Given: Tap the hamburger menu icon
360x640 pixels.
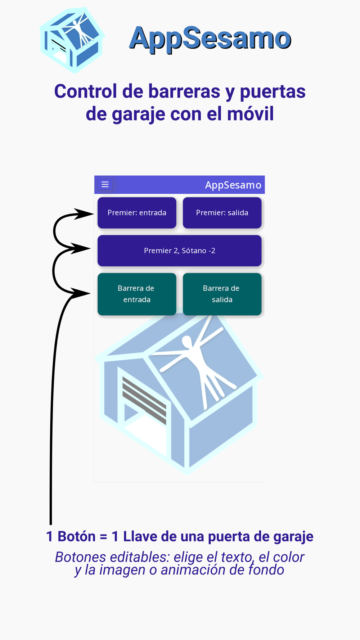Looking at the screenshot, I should click(105, 185).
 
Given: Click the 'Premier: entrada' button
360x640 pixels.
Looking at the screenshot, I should click(137, 213).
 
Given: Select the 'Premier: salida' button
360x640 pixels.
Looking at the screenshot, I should click(222, 213).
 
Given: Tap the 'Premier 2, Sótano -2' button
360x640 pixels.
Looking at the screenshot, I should click(179, 251).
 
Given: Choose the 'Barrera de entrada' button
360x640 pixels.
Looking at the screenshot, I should click(137, 294).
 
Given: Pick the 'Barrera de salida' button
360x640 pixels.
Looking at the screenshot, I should click(222, 294).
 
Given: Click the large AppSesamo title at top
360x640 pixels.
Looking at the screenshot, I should click(210, 38).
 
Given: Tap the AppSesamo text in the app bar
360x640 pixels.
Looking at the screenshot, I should click(233, 185).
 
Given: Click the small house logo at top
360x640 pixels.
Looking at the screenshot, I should click(72, 40).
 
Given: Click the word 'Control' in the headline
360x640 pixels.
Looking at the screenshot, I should click(85, 91).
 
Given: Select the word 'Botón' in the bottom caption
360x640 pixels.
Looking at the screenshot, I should click(76, 536).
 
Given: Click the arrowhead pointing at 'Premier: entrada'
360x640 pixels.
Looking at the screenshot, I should click(85, 214).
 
